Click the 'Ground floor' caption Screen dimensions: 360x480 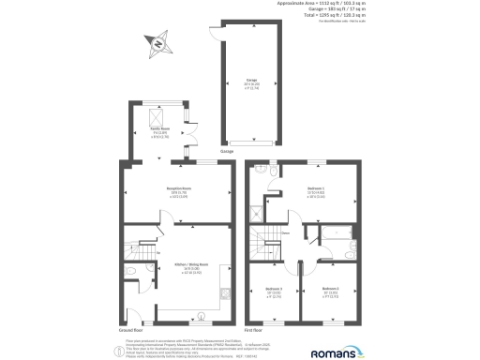tap(131, 331)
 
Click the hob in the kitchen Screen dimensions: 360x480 tap(226, 292)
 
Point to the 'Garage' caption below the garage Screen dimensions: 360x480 tap(226, 151)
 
